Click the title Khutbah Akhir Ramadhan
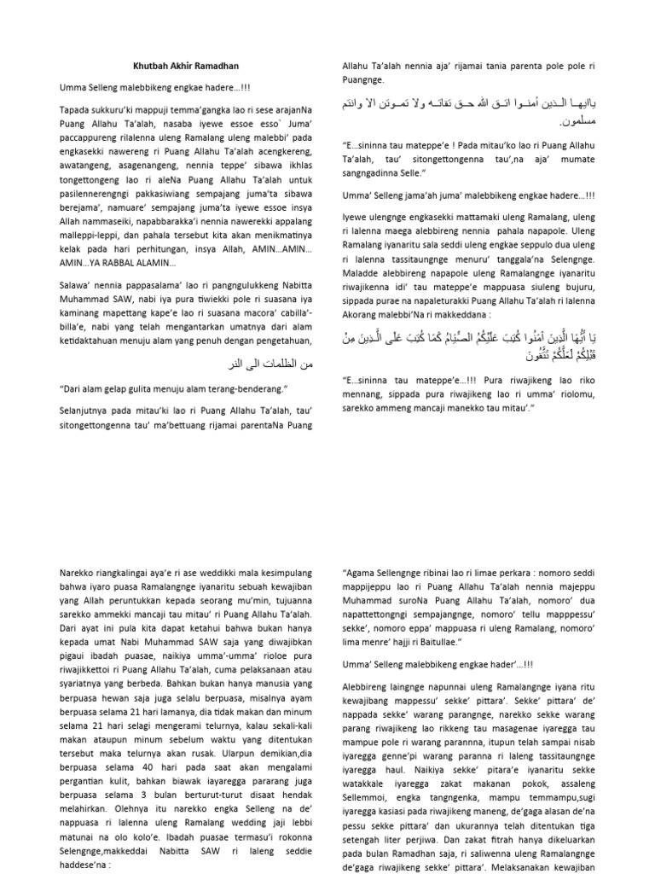tap(186, 66)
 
